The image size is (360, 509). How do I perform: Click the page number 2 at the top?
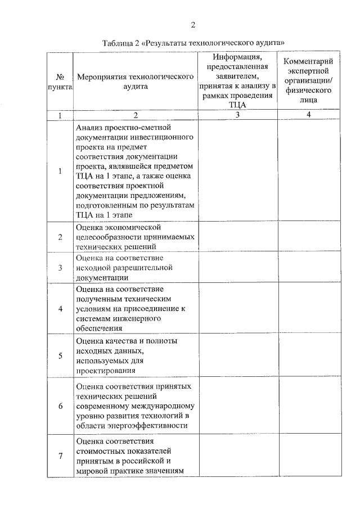[192, 25]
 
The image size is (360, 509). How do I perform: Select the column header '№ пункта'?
[60, 82]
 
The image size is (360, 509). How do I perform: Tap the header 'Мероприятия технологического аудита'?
[135, 82]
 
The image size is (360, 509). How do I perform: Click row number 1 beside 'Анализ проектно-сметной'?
[60, 171]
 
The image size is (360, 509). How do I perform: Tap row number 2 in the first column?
[60, 237]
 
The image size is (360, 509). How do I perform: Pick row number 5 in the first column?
[60, 355]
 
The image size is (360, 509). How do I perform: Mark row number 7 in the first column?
[60, 456]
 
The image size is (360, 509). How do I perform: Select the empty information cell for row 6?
[237, 406]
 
